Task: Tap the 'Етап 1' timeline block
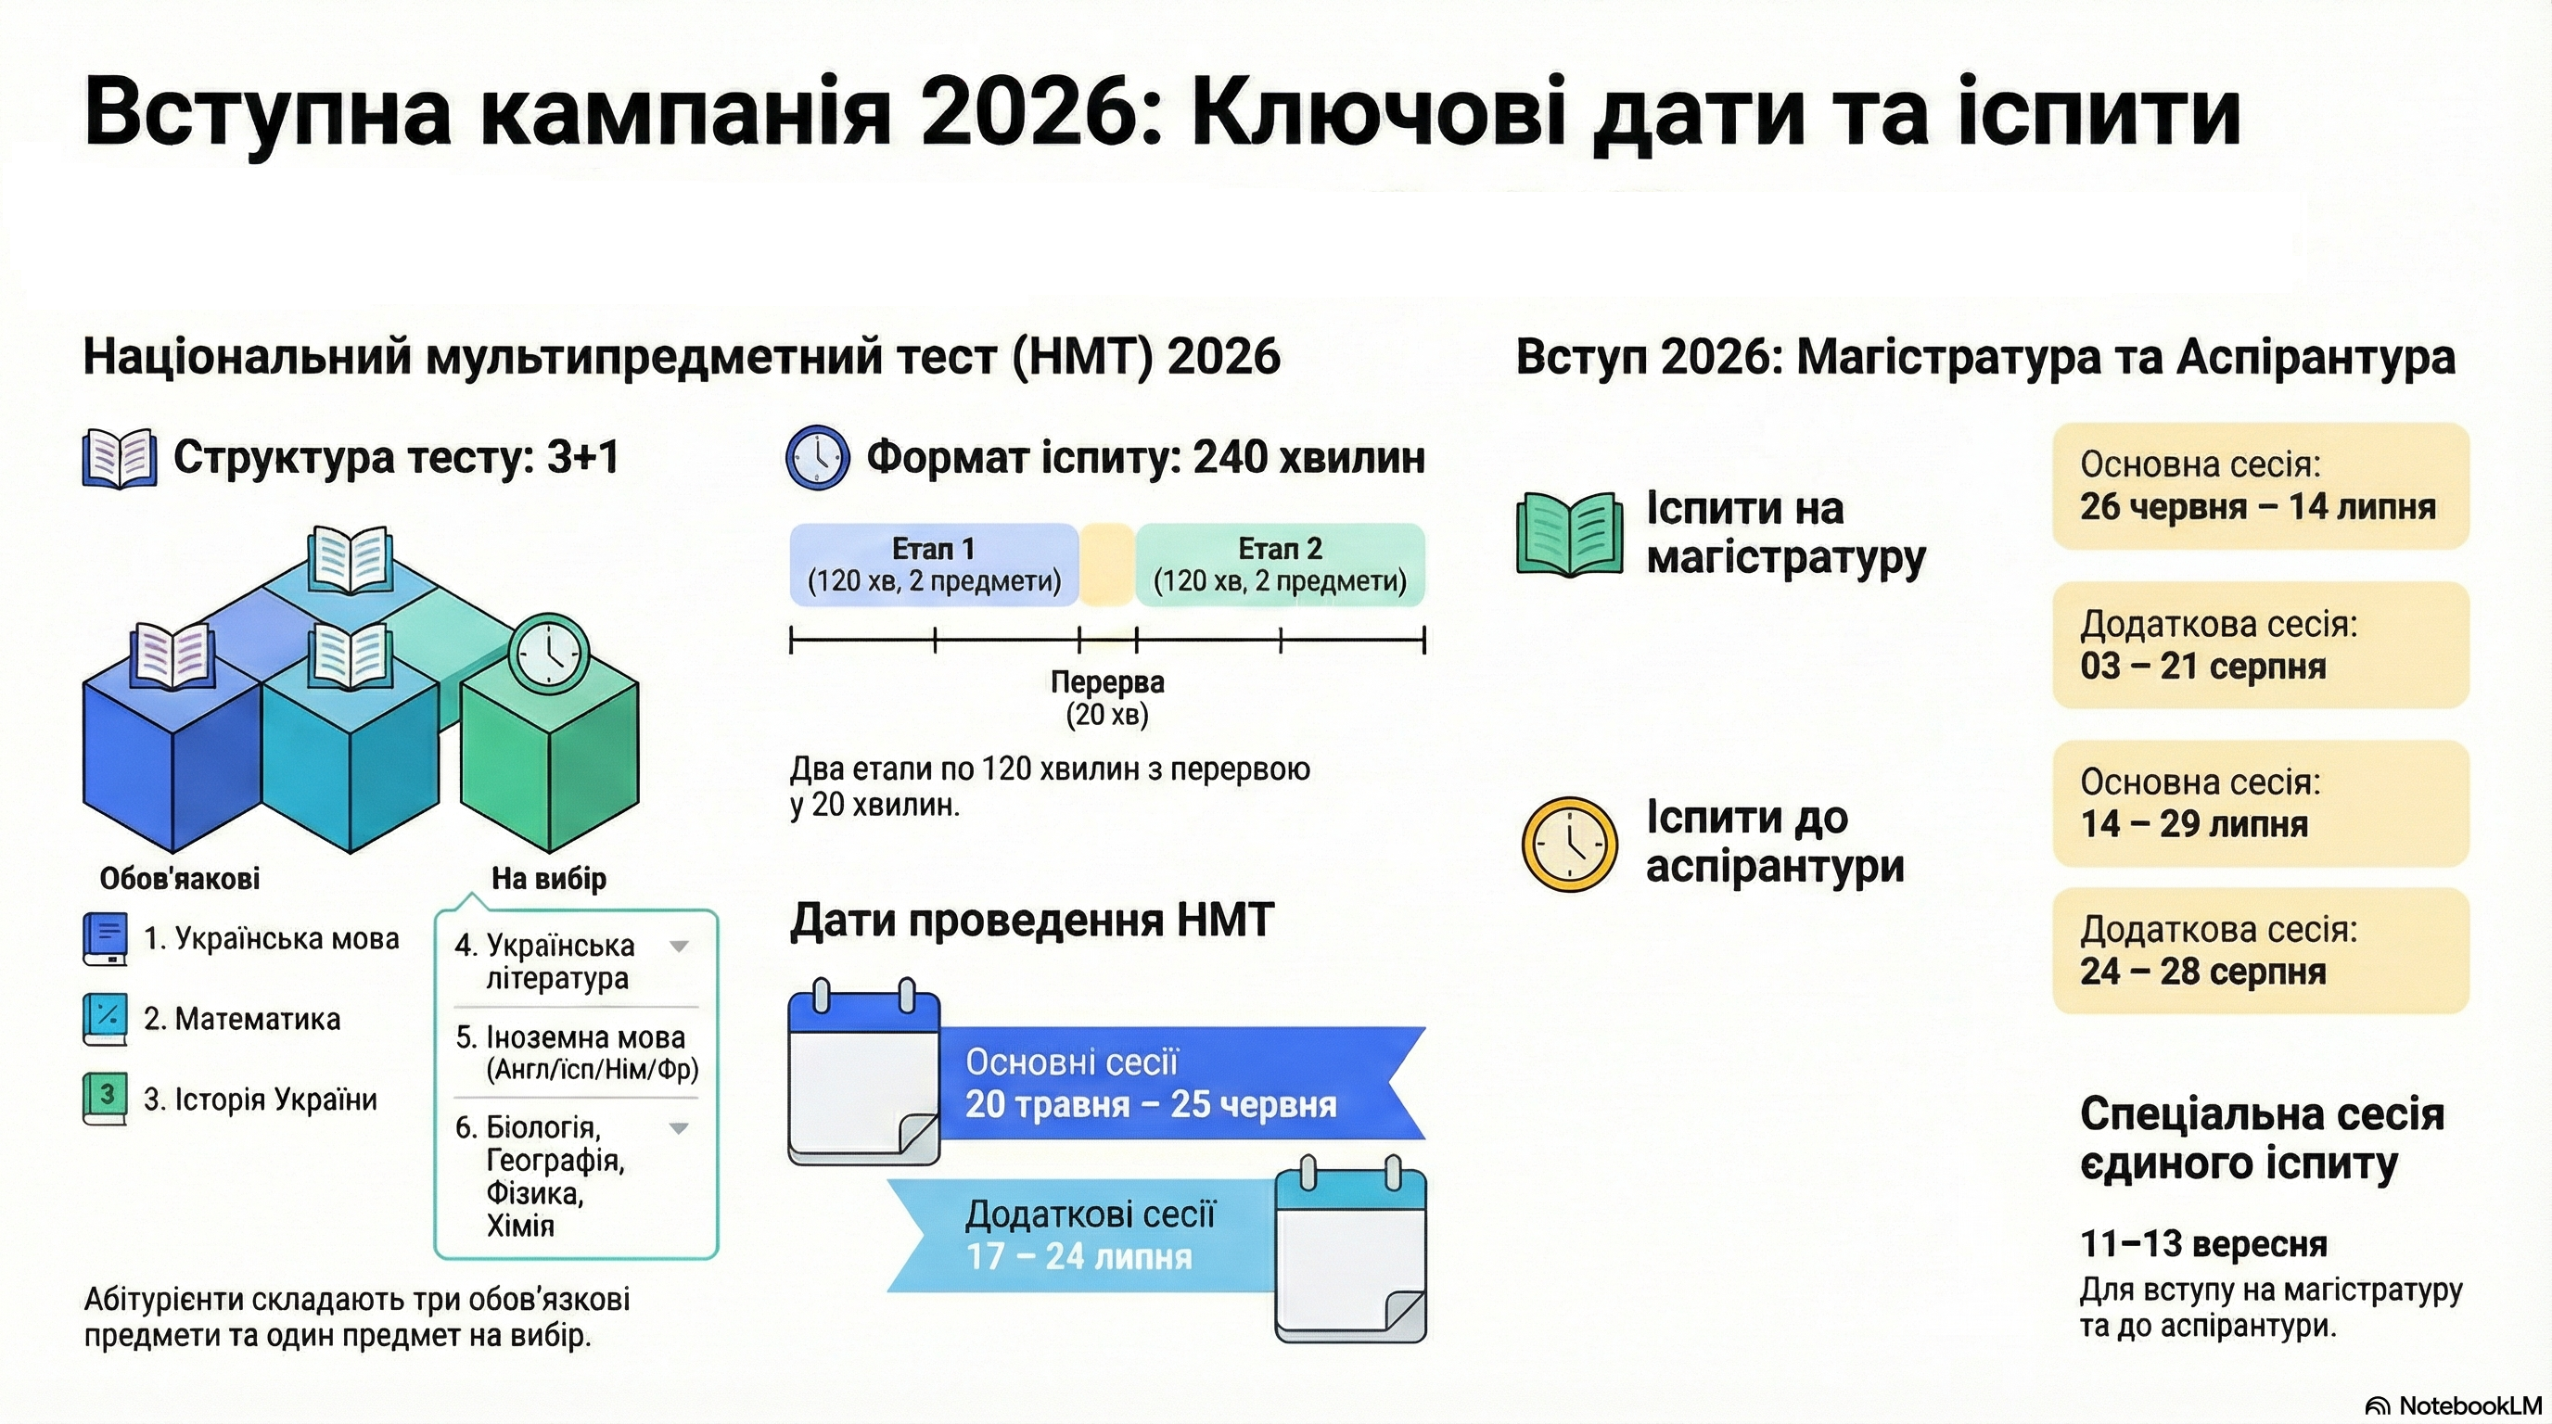click(933, 565)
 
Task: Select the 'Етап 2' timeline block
click(1280, 565)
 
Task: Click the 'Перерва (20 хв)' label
click(1107, 698)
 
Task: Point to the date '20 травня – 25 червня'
click(1151, 1104)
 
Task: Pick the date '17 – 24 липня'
click(1078, 1256)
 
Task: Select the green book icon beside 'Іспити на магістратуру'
click(1569, 534)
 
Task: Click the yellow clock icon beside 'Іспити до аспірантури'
click(1569, 844)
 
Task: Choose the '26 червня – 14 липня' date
click(2258, 507)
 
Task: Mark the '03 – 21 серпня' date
click(2203, 667)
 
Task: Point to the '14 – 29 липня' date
click(2194, 824)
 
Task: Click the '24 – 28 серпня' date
click(2203, 972)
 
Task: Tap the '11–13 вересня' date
click(2203, 1244)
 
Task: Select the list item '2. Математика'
click(242, 1019)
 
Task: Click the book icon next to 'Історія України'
click(105, 1100)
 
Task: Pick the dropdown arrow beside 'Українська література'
click(680, 946)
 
